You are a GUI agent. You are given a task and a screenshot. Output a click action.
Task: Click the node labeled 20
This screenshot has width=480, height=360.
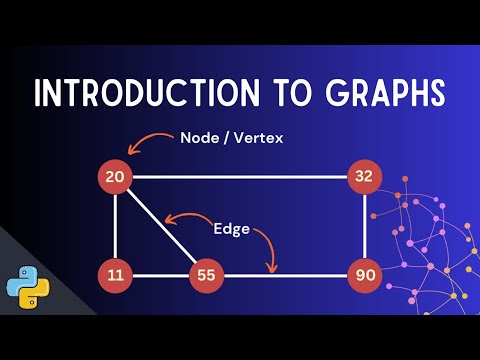pyautogui.click(x=115, y=178)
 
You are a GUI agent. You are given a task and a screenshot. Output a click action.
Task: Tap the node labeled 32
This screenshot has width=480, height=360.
pyautogui.click(x=363, y=178)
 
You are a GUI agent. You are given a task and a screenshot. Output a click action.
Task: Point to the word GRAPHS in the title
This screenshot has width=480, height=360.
pyautogui.click(x=385, y=92)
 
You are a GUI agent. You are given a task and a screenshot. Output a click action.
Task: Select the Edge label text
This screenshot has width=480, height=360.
pyautogui.click(x=231, y=228)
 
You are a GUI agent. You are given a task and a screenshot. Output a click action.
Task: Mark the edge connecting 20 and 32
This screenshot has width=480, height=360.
pyautogui.click(x=240, y=178)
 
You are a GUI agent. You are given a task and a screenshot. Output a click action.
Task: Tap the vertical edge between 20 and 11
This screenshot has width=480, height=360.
pyautogui.click(x=115, y=226)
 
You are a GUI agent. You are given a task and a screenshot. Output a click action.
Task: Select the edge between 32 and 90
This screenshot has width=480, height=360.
pyautogui.click(x=363, y=226)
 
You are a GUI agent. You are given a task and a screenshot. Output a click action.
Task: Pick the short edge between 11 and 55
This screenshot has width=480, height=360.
pyautogui.click(x=161, y=274)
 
